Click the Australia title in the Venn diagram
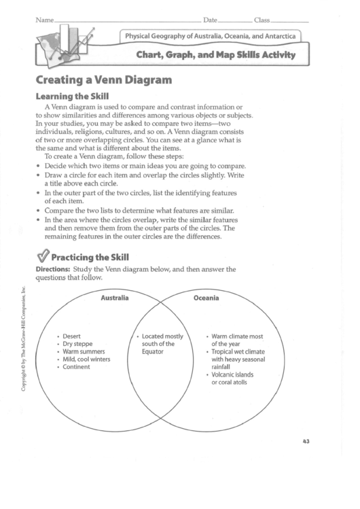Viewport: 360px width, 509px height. point(115,298)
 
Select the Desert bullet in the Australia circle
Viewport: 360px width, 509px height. point(73,336)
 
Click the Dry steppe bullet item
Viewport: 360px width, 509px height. point(77,344)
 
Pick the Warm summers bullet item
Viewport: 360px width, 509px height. point(84,351)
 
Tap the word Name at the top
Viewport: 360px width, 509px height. point(44,18)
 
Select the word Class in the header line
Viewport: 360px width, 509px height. point(262,18)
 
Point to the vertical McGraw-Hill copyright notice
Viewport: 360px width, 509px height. point(24,347)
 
